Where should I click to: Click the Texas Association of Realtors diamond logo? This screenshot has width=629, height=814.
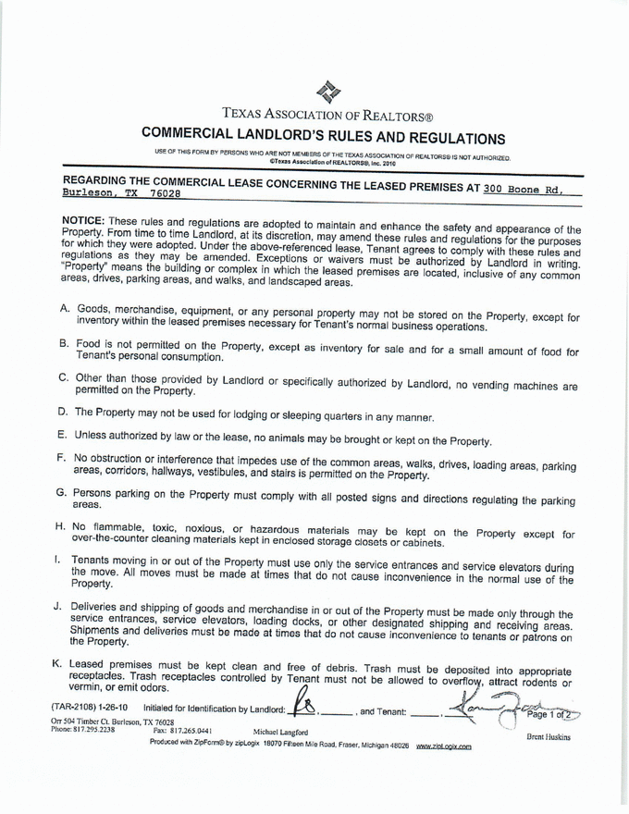click(x=334, y=91)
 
